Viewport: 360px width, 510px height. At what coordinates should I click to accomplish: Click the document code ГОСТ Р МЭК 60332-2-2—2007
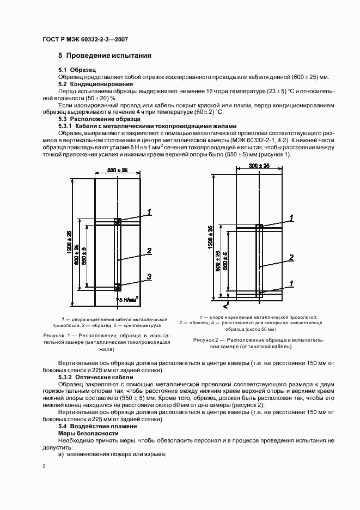(84, 39)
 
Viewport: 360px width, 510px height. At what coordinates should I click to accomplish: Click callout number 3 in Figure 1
(148, 277)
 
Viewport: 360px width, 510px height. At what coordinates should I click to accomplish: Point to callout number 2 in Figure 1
(148, 251)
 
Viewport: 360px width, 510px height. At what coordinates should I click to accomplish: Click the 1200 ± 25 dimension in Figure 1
(69, 242)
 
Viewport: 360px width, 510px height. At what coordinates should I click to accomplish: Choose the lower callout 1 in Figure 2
(291, 283)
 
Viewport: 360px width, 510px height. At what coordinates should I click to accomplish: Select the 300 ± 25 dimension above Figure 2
(260, 166)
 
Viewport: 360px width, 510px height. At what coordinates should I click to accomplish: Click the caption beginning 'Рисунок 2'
(259, 343)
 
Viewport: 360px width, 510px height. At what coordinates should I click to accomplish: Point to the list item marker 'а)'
(61, 454)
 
